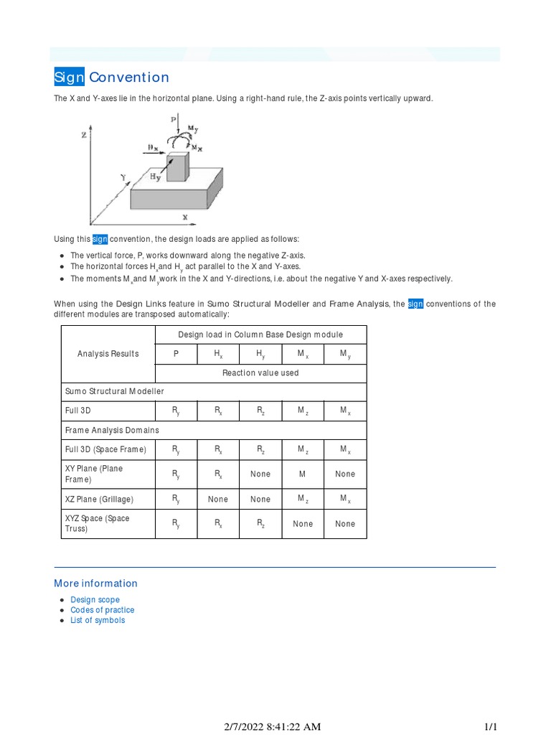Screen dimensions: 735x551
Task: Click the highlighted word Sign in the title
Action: [x=70, y=78]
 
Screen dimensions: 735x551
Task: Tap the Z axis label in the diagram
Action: [x=85, y=134]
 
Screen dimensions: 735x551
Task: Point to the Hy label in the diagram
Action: [x=156, y=176]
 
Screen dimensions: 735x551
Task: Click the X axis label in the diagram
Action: [x=185, y=217]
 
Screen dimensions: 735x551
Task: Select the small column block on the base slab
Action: [x=178, y=166]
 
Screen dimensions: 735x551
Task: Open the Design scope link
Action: [x=95, y=600]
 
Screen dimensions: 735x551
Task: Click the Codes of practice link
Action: [x=102, y=610]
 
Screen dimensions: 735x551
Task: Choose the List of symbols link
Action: [x=98, y=620]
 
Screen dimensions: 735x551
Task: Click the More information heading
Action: [x=95, y=584]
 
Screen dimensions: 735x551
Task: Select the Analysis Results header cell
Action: [x=108, y=354]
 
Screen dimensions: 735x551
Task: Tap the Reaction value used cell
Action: [x=260, y=373]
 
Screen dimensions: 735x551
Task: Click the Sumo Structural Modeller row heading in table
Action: [x=114, y=392]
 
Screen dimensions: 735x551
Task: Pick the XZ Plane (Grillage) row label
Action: [x=99, y=500]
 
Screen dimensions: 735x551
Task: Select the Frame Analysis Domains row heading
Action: [x=112, y=431]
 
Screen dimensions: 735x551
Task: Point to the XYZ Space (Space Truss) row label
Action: [x=98, y=523]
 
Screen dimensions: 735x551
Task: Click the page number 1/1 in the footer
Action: [x=491, y=726]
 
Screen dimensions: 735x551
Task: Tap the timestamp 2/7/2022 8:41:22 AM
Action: [x=272, y=726]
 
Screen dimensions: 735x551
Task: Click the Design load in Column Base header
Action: [x=260, y=334]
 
